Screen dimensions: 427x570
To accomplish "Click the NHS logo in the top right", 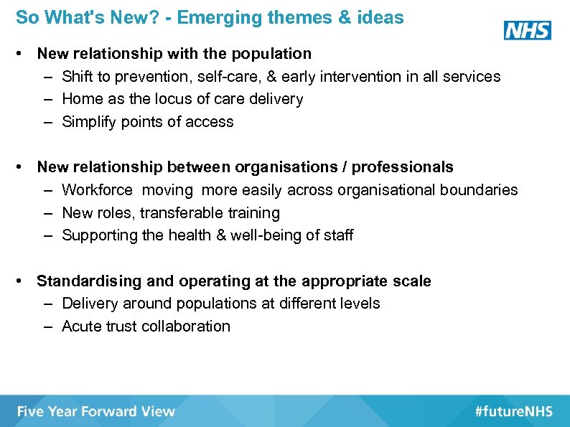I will pyautogui.click(x=527, y=30).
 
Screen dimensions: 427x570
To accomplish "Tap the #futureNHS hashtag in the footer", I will pyautogui.click(x=513, y=411).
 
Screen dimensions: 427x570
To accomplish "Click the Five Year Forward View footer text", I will pyautogui.click(x=96, y=411).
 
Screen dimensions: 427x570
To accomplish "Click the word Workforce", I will pyautogui.click(x=98, y=190).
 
